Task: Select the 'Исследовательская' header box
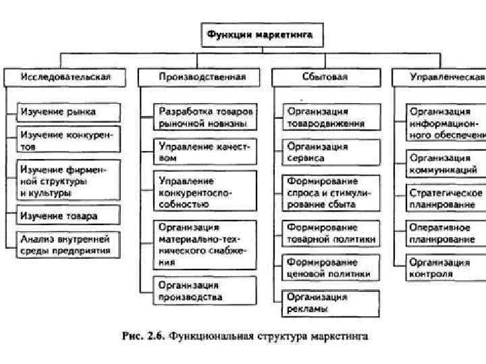(66, 77)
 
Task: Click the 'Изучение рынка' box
(68, 112)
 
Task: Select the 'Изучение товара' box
(68, 216)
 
